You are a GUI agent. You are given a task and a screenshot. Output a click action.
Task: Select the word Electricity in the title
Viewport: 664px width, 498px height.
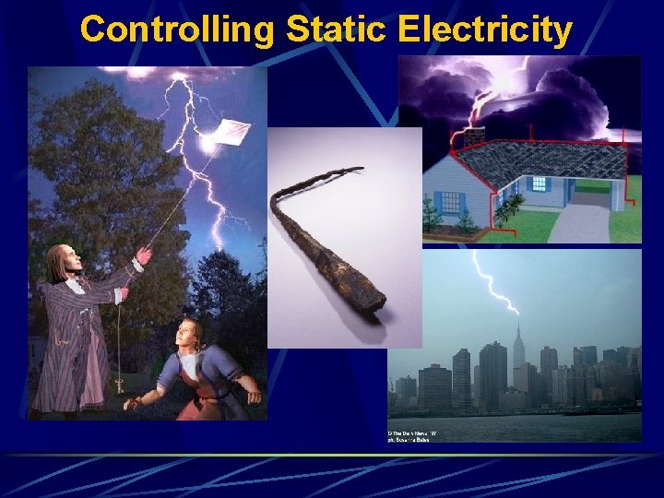tap(485, 30)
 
